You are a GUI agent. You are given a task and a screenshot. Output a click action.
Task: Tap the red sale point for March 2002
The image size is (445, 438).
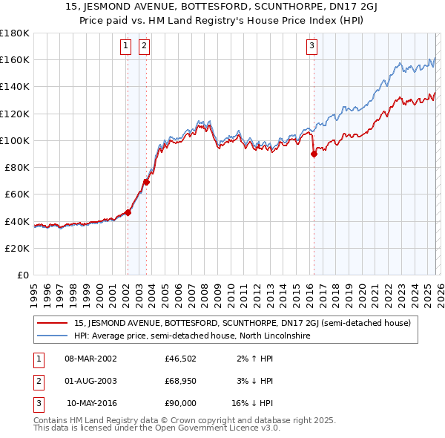(128, 212)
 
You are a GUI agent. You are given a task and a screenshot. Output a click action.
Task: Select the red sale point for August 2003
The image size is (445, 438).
(146, 182)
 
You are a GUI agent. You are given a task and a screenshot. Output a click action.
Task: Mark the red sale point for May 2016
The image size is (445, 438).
(314, 154)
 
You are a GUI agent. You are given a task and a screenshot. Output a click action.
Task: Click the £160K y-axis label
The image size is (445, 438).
(16, 59)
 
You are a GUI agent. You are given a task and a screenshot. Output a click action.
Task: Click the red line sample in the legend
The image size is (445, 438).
(53, 323)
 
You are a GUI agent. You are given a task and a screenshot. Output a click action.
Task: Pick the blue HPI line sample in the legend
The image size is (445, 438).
(53, 336)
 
